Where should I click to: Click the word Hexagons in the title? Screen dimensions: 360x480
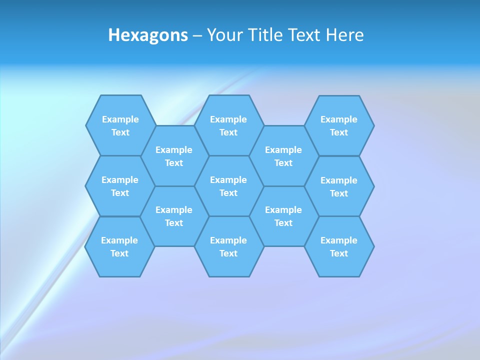coord(148,35)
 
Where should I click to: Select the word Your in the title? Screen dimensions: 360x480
coord(224,35)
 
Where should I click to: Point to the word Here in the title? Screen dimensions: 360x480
coord(345,35)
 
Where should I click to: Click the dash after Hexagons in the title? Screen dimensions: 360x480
coord(197,35)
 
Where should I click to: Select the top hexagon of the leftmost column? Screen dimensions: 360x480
coord(120,125)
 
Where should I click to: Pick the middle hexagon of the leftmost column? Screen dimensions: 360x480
coord(120,186)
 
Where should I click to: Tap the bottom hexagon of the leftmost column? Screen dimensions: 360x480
coord(119,246)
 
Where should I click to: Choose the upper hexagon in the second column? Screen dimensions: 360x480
coord(174,156)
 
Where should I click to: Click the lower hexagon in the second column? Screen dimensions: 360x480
coord(174,216)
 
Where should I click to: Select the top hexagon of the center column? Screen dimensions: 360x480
coord(228,125)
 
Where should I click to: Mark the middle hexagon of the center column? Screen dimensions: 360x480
coord(228,186)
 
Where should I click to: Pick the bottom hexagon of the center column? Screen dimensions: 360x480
coord(228,246)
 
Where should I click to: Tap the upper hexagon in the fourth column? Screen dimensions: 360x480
coord(283,156)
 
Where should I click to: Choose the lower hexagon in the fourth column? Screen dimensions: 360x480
coord(283,216)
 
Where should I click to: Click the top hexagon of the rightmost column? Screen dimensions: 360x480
coord(339,125)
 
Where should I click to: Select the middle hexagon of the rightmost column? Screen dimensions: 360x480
coord(339,186)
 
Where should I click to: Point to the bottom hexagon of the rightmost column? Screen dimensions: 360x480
coord(339,246)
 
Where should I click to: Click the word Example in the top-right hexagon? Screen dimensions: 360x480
coord(339,119)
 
